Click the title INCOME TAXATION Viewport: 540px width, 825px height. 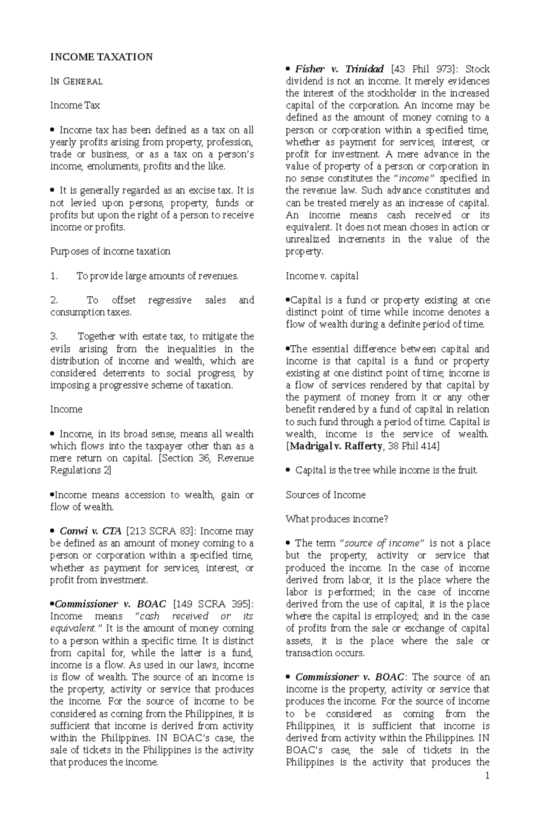pyautogui.click(x=101, y=57)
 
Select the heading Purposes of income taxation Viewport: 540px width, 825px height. pyautogui.click(x=110, y=251)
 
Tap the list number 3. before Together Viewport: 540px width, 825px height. pyautogui.click(x=54, y=336)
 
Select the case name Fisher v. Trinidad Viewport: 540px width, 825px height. pyautogui.click(x=339, y=69)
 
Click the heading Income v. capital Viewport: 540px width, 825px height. pyautogui.click(x=322, y=276)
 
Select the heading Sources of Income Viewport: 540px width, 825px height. pyautogui.click(x=325, y=495)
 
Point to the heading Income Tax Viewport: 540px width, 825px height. pyautogui.click(x=75, y=106)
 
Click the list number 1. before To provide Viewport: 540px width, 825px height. pyautogui.click(x=54, y=276)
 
